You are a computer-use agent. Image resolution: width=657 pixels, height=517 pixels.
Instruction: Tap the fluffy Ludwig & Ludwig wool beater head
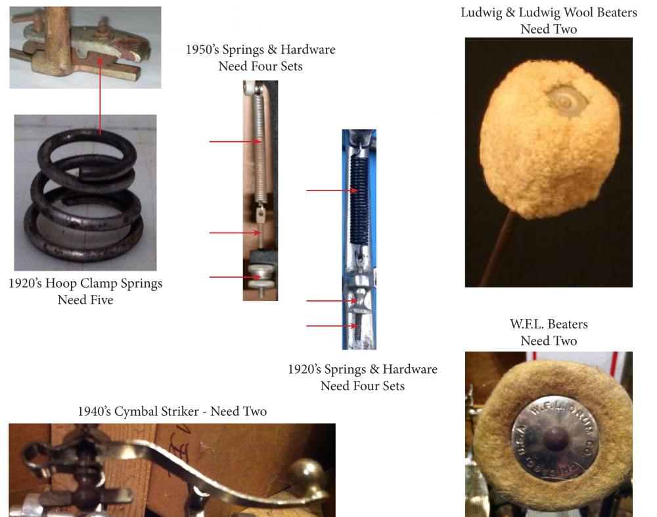(550, 138)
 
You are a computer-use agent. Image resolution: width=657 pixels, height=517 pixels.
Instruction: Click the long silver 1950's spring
(260, 145)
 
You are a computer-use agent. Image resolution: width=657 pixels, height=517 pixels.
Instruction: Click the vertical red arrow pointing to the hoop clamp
(100, 96)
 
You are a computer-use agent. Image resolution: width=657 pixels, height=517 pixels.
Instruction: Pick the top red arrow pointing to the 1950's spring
(235, 142)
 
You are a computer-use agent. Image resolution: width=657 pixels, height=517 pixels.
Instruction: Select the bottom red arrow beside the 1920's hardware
(331, 326)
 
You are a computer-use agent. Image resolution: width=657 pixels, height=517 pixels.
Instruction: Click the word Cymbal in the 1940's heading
(138, 411)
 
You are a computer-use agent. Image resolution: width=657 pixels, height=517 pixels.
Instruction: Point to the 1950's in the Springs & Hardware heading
(202, 49)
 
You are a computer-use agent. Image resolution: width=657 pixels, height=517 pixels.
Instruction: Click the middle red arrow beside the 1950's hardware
(235, 233)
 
